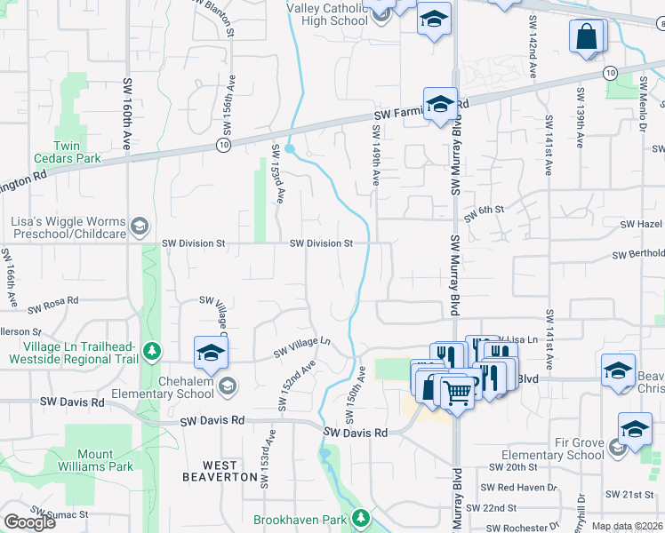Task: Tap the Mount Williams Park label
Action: point(99,458)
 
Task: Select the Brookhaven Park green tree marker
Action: point(360,517)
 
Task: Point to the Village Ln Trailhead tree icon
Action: point(152,352)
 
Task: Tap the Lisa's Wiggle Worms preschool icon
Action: point(139,227)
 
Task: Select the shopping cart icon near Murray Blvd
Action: point(457,391)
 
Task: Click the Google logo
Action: point(29,521)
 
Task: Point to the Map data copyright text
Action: point(627,526)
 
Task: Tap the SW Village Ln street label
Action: point(301,346)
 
